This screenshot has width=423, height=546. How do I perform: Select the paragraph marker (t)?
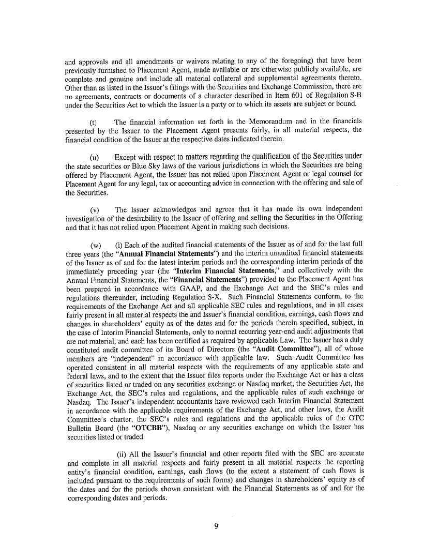[x=94, y=122]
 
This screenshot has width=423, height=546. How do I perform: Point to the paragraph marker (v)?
[x=94, y=210]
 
